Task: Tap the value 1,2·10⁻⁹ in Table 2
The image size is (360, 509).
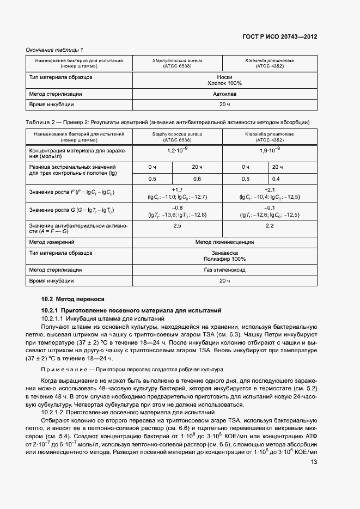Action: (x=178, y=150)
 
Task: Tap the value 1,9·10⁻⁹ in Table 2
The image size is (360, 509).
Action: (x=270, y=150)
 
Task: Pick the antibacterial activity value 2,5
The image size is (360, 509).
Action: (x=177, y=225)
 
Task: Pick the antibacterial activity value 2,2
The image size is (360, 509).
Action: (x=270, y=225)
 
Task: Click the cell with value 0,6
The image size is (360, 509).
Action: (x=197, y=179)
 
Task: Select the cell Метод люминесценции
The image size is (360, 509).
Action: (x=224, y=242)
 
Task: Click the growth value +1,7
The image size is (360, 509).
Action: (x=177, y=189)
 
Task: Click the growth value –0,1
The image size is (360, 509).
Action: (x=270, y=207)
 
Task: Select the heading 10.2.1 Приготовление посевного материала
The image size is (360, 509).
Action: (x=131, y=310)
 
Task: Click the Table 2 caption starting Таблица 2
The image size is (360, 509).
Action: (x=168, y=122)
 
